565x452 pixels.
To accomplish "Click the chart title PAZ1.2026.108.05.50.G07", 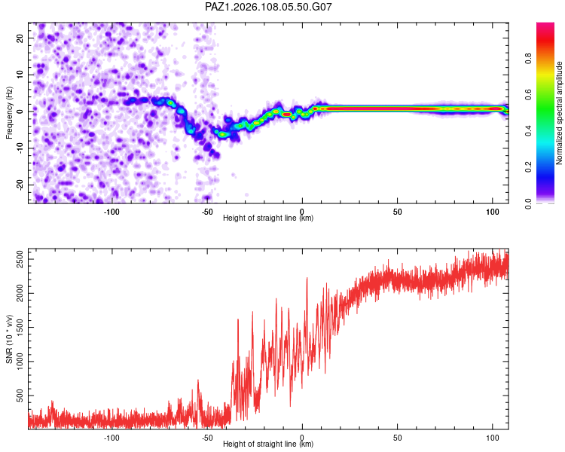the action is pos(268,7).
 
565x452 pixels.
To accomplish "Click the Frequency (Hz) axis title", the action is pos(9,113).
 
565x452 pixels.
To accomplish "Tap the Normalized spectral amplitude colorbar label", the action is pos(559,113).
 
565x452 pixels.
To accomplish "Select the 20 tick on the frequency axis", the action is pos(20,38).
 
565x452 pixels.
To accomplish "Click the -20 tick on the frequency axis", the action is pos(20,185).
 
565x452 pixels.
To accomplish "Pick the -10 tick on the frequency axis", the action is pos(20,148).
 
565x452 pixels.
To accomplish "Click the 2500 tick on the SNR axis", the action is pos(20,259).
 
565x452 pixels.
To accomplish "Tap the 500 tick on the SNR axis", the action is pos(20,395).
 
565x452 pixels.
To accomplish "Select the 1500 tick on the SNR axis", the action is pos(20,327).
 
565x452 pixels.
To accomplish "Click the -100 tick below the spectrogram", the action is pos(111,212).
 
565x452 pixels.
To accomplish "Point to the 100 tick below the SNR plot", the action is pos(493,438).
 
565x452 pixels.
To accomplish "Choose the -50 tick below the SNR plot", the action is pos(207,438).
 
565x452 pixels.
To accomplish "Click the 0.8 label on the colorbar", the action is pos(528,58).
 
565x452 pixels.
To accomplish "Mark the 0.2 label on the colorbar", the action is pos(528,167).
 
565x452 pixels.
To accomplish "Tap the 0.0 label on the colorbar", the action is pos(528,203).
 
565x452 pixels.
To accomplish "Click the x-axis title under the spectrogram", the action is pos(268,218).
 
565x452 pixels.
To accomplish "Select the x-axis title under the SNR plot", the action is pos(268,444).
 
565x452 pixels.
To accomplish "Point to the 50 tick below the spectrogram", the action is pos(398,212).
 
